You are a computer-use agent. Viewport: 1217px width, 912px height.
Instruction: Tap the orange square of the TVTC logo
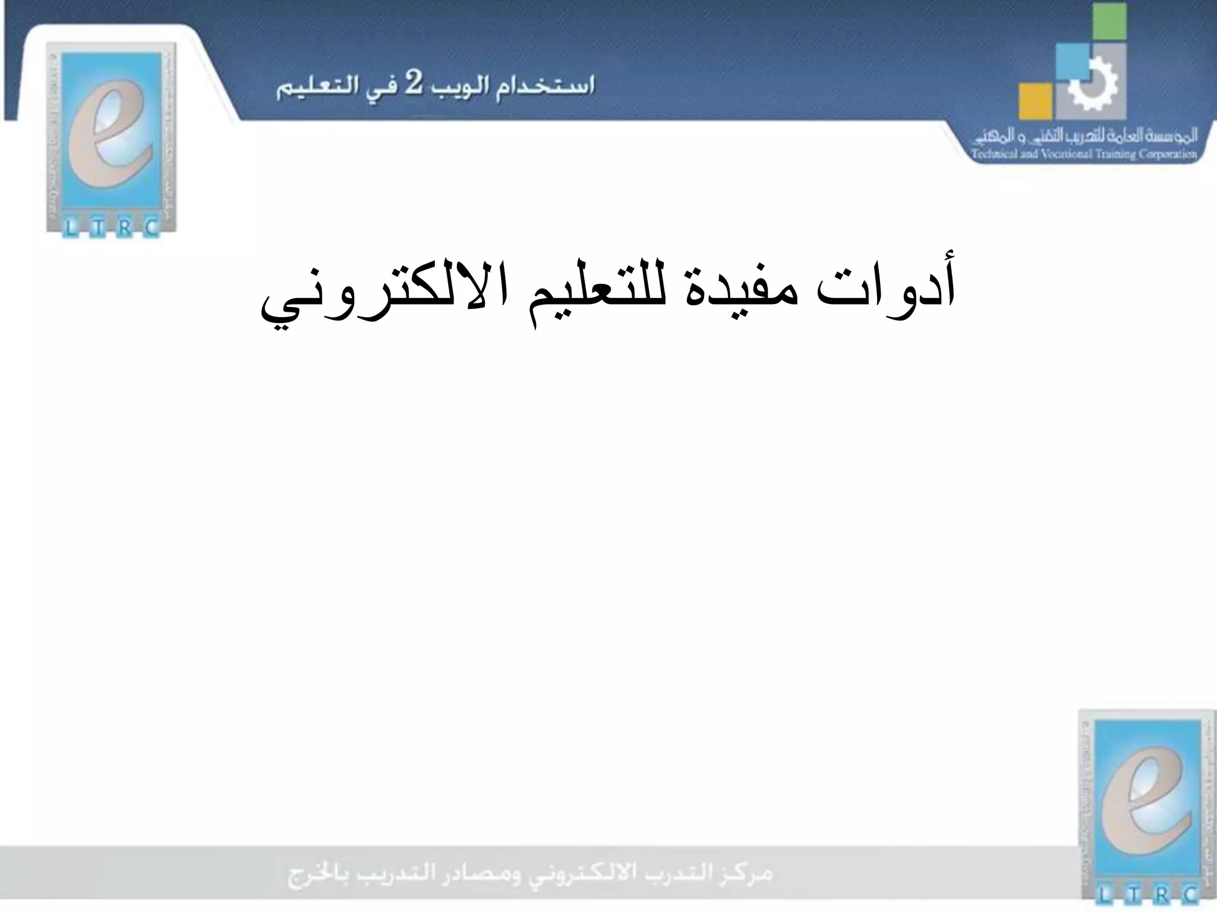point(1035,100)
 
